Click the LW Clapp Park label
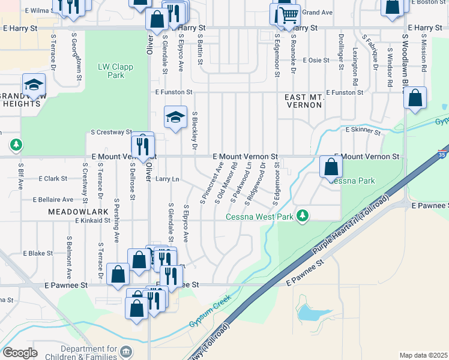coord(115,71)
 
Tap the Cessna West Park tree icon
coord(304,215)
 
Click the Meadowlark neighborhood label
coord(73,212)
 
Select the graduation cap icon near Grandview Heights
coord(34,85)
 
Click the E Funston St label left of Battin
coord(173,92)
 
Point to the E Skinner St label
coord(363,130)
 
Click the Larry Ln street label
coord(167,179)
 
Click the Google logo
coord(20,353)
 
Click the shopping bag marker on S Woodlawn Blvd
coord(415,97)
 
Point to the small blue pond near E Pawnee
coord(307,312)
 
